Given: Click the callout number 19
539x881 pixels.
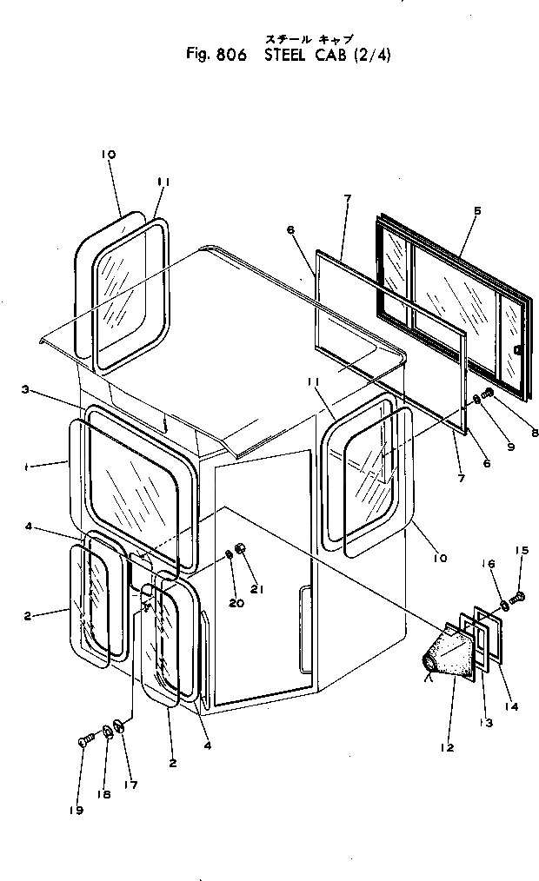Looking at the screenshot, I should click(77, 810).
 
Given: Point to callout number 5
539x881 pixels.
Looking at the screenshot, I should click(477, 210).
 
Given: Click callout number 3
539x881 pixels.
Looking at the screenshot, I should click(27, 391).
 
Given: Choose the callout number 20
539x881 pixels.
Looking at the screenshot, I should click(236, 603).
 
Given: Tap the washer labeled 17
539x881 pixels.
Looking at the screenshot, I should click(119, 725).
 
